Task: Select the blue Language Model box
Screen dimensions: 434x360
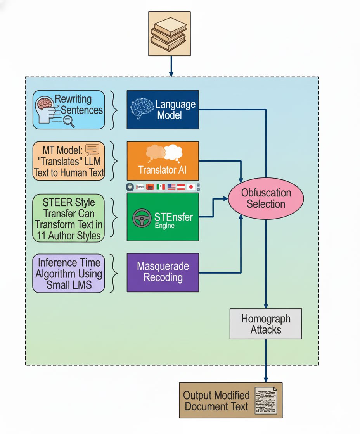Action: click(163, 110)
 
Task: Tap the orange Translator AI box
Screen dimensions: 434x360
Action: click(163, 160)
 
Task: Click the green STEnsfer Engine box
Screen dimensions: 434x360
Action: click(163, 217)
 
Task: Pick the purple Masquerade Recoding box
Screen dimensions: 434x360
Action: click(163, 272)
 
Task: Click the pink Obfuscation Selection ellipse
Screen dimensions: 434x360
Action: click(266, 198)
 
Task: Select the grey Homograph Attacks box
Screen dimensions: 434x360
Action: click(266, 324)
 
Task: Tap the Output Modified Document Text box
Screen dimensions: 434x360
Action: click(230, 400)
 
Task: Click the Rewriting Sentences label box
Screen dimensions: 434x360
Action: click(69, 110)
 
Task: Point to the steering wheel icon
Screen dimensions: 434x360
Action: click(142, 218)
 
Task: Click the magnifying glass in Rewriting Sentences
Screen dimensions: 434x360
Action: click(69, 122)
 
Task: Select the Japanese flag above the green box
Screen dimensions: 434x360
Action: click(190, 187)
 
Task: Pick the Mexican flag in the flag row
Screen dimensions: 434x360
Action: click(161, 187)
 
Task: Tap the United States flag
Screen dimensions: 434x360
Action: click(171, 187)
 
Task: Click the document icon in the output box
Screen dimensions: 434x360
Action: click(266, 400)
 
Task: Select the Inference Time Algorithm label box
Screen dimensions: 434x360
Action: click(69, 273)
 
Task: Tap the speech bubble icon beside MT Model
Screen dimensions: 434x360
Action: click(92, 150)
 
